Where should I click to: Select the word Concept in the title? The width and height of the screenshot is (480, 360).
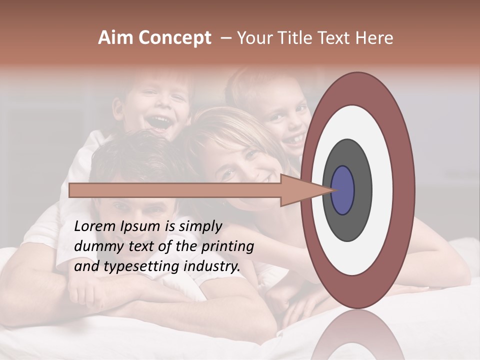coord(175,38)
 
